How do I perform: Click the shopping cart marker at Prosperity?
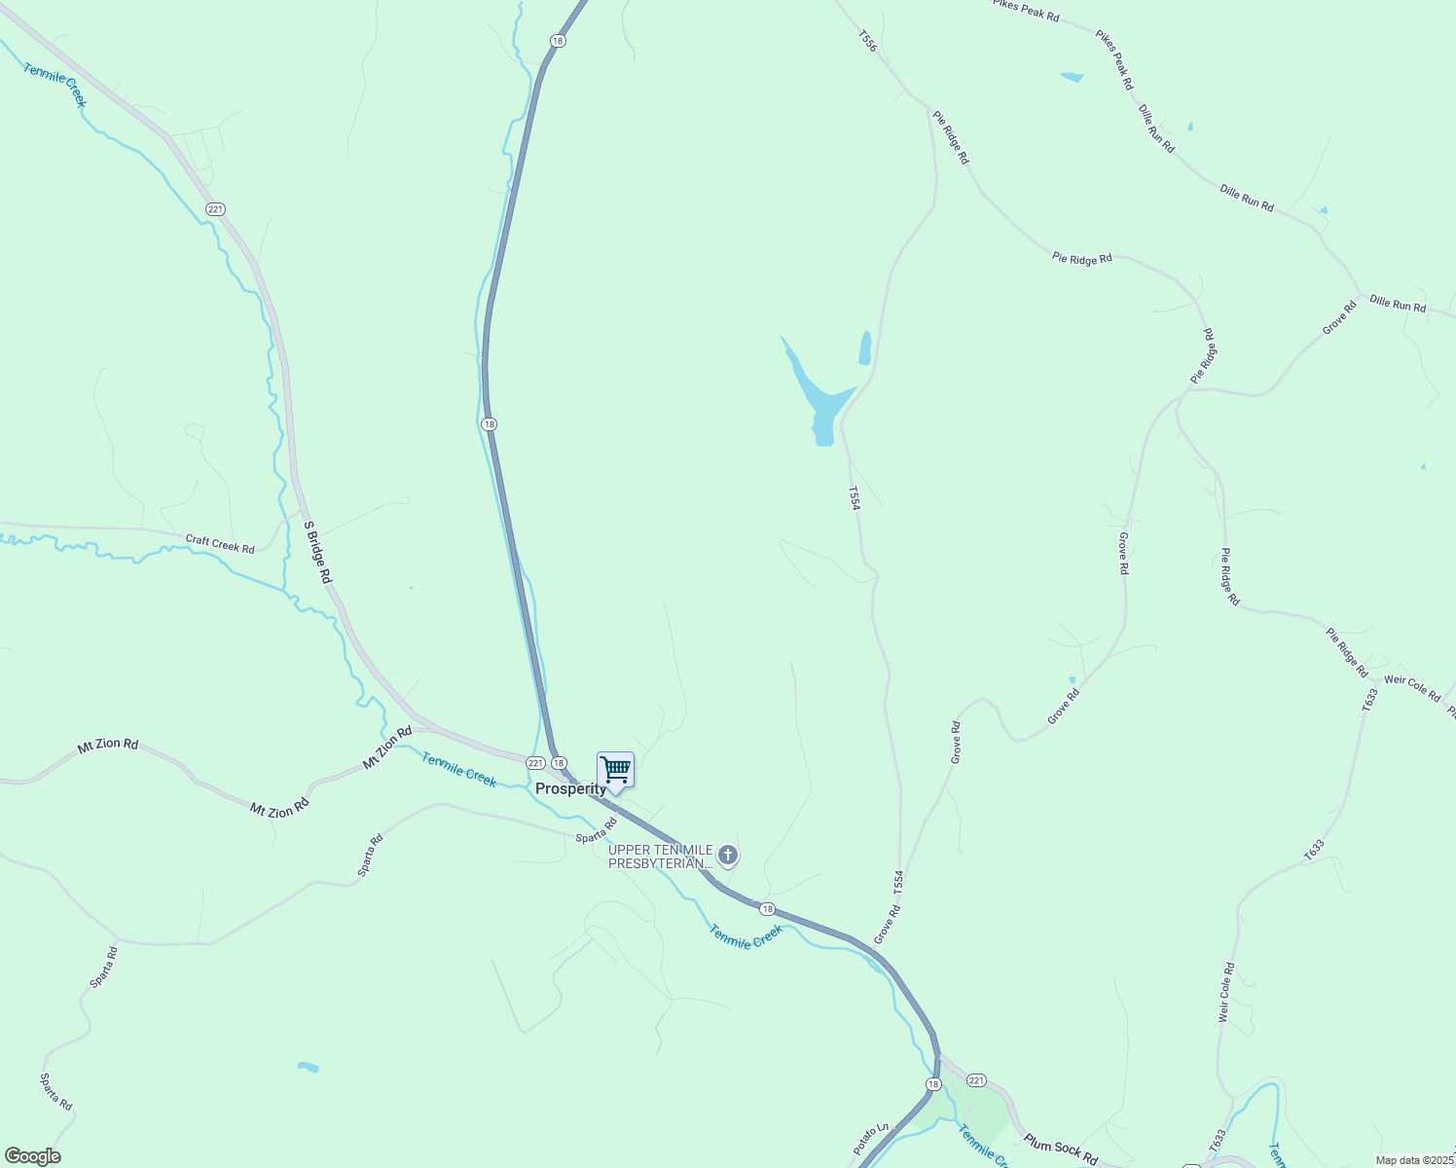click(x=615, y=770)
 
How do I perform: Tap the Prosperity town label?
click(x=570, y=789)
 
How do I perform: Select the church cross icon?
click(x=728, y=856)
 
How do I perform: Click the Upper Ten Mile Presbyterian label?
click(x=661, y=857)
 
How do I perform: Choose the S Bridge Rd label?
click(x=318, y=553)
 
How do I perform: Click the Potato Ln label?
click(x=871, y=1140)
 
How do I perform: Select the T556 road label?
click(x=867, y=41)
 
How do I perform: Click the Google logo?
click(x=33, y=1155)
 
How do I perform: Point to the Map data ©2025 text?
click(x=1414, y=1160)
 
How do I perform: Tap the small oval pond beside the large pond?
click(x=865, y=347)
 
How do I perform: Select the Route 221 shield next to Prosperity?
click(x=534, y=762)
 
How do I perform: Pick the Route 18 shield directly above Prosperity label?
click(x=558, y=762)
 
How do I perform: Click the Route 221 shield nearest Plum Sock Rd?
click(x=977, y=1080)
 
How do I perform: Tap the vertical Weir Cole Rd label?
click(x=1225, y=992)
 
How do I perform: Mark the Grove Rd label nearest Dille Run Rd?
click(x=1339, y=318)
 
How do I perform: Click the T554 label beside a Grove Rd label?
click(x=898, y=883)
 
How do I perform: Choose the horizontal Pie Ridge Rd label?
click(x=1081, y=259)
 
